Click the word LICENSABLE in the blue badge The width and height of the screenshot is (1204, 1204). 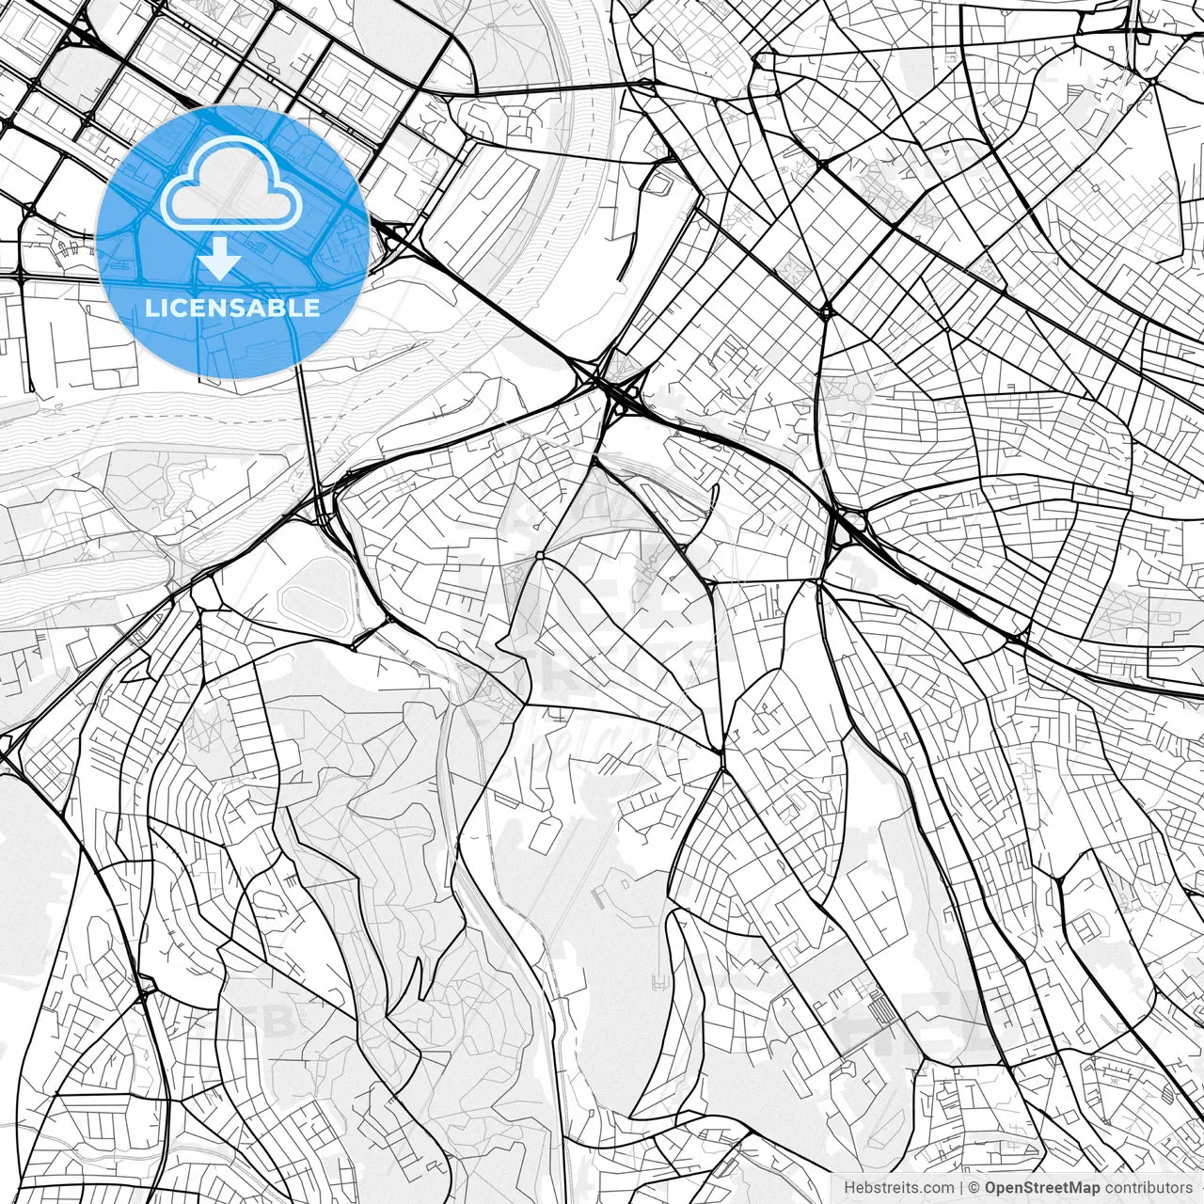[232, 308]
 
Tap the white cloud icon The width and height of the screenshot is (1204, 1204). [231, 188]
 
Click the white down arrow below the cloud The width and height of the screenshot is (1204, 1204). [220, 258]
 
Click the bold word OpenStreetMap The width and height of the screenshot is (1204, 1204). [1042, 1188]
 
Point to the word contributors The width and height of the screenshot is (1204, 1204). [1148, 1188]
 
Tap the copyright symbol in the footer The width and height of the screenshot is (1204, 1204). [974, 1188]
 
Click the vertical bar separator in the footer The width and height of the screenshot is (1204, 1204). [961, 1188]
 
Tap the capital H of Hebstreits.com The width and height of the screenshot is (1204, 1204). [849, 1188]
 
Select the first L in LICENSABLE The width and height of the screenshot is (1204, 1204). [150, 308]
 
